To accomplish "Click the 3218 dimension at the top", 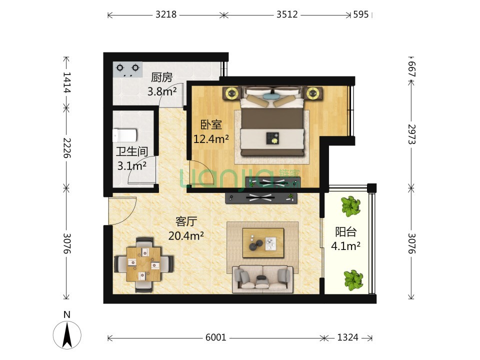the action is tap(166, 14).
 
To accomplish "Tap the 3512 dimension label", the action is tap(287, 14).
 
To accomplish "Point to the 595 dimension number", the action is tap(361, 14).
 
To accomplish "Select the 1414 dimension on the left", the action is tap(66, 82).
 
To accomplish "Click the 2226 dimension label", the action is tap(66, 148).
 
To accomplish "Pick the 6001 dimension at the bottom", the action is tap(216, 337).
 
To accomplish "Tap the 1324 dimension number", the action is tap(348, 337).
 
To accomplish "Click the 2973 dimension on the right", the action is tap(411, 134).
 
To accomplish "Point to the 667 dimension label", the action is tap(411, 69).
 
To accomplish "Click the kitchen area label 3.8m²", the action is tap(162, 91).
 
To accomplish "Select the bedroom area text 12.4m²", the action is tap(211, 139).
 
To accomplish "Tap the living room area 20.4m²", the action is tap(186, 235).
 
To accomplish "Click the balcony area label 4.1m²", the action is tap(345, 246).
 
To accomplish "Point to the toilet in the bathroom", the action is tap(124, 135).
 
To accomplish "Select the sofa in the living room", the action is tap(262, 279).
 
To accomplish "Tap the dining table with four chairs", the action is tap(144, 264).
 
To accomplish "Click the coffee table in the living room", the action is tap(263, 243).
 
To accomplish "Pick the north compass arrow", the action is tap(67, 335).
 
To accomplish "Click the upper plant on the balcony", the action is tap(351, 205).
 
